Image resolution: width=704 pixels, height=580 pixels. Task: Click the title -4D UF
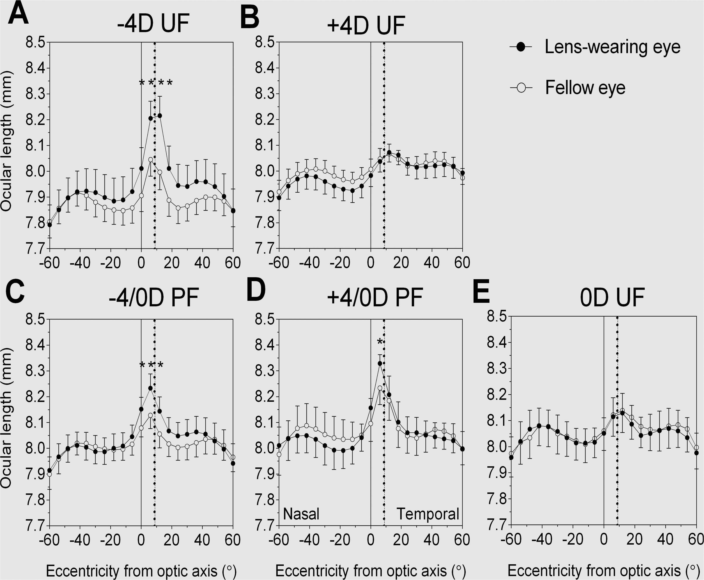[x=153, y=24]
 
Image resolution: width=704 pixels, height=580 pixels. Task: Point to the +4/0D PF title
[x=375, y=297]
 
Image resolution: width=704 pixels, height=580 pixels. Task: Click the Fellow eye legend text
[x=585, y=87]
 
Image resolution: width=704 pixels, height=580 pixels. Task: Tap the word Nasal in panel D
[x=301, y=514]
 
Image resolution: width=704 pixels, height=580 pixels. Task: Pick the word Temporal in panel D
[x=428, y=514]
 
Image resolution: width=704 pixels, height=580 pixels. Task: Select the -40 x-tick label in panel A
[x=80, y=263]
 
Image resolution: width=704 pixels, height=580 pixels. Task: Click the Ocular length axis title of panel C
[x=7, y=418]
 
